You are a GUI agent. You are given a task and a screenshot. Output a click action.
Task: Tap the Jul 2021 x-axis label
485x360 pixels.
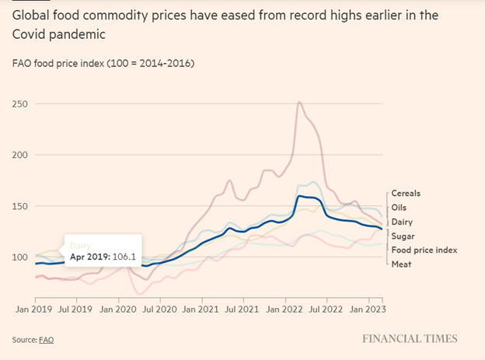click(x=242, y=308)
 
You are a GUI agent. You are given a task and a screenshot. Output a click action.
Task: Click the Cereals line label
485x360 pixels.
click(x=406, y=194)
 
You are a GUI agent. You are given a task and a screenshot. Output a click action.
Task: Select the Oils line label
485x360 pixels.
click(x=399, y=208)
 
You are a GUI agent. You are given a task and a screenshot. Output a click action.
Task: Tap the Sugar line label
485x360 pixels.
click(x=403, y=236)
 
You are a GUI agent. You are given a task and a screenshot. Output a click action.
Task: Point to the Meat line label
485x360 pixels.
click(x=402, y=264)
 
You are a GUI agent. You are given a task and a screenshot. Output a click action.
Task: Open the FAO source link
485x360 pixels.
click(x=47, y=340)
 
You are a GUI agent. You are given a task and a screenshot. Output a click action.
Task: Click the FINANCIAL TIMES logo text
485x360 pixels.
click(x=410, y=339)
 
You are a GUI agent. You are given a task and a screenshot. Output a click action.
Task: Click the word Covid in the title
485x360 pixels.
click(x=28, y=35)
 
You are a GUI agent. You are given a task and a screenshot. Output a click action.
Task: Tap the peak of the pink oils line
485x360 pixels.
click(x=299, y=102)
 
